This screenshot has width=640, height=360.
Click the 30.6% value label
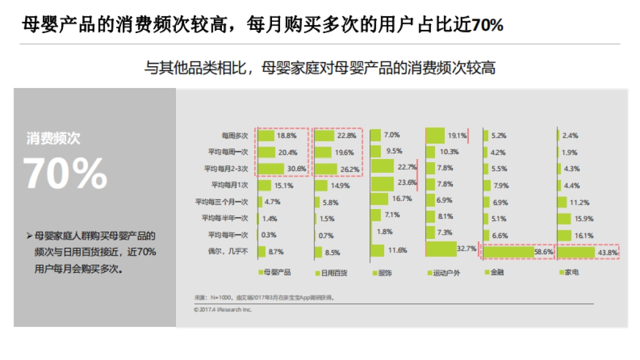pos(297,169)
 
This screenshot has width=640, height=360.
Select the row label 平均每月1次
pos(229,185)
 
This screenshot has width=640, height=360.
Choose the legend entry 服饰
pos(385,273)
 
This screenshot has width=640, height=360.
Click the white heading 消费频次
pos(53,139)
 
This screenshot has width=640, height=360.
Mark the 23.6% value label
pos(407,183)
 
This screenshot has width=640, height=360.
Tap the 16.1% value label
pos(584,235)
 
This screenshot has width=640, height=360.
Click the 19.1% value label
pos(457,135)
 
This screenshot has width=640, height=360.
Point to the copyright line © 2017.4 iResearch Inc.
pos(223,309)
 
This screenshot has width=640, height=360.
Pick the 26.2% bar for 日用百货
pos(326,169)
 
